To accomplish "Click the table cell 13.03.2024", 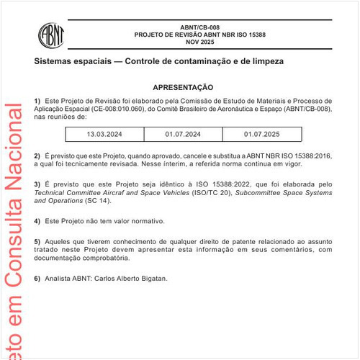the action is point(104,135).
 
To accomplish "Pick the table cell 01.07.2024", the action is point(183,135).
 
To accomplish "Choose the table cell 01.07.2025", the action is point(261,135).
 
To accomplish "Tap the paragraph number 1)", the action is point(37,100).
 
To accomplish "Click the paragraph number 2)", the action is point(37,156).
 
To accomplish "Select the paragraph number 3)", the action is point(37,184).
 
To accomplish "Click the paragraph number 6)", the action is point(37,278).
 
